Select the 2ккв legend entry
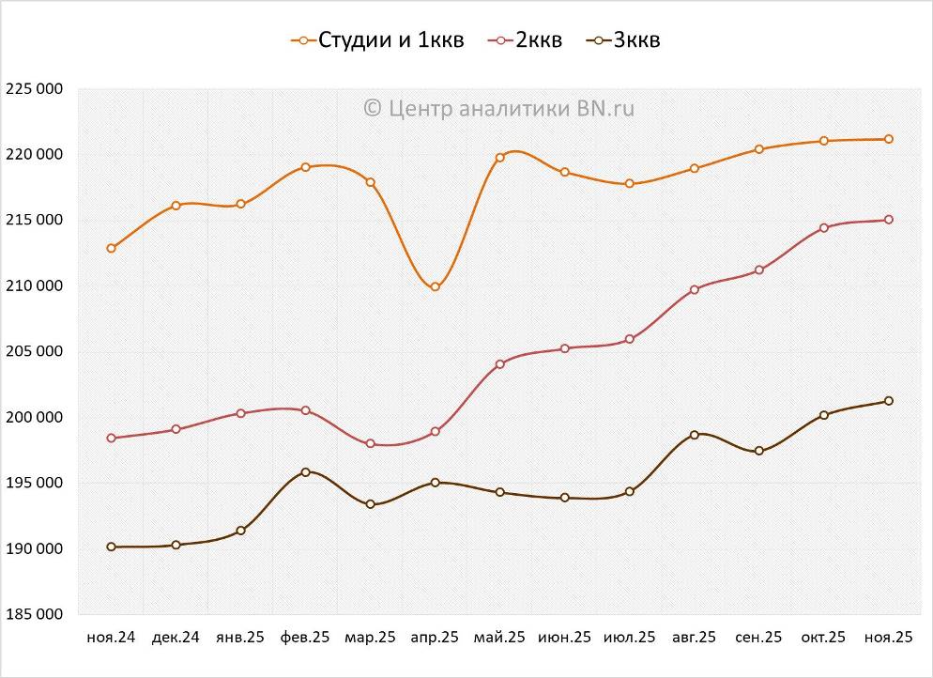[x=527, y=40]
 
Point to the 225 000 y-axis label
[x=34, y=89]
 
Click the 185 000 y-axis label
[x=34, y=614]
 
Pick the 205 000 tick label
[x=34, y=351]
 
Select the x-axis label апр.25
[x=435, y=638]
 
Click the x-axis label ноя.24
[x=111, y=638]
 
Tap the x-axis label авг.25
[x=695, y=638]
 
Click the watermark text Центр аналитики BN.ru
[x=498, y=109]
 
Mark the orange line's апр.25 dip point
[x=435, y=286]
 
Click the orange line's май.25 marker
[x=499, y=157]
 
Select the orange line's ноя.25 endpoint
[x=889, y=139]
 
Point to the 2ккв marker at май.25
[x=499, y=363]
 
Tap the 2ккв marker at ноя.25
[x=889, y=220]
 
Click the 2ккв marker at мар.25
[x=370, y=443]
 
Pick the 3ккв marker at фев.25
[x=305, y=471]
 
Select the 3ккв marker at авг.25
[x=695, y=435]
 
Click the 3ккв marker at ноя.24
[x=111, y=547]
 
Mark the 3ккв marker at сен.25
[x=759, y=451]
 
